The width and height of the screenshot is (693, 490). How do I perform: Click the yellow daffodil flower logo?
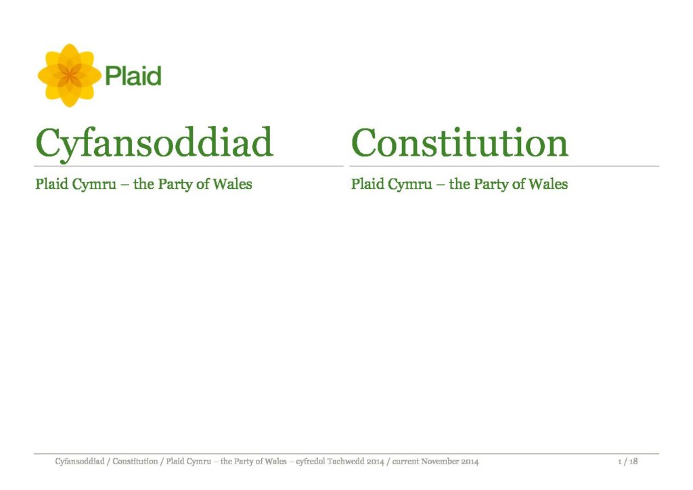pos(70,76)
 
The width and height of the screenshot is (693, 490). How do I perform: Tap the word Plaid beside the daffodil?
pos(133,76)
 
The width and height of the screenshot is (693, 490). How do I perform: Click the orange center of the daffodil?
pos(70,76)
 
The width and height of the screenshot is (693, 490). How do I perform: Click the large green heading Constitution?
pos(460,143)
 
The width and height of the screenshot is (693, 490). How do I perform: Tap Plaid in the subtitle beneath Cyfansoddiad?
pos(51,184)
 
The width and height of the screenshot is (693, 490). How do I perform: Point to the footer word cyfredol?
pos(310,462)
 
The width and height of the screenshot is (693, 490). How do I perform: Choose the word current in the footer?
pos(405,462)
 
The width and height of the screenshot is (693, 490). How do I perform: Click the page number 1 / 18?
pos(627,462)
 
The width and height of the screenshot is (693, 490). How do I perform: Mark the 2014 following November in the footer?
pos(470,462)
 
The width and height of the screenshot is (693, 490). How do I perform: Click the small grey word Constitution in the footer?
pos(135,462)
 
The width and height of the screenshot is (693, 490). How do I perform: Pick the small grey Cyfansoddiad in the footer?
pos(80,462)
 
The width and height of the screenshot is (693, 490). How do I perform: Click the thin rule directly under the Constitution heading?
pos(504,166)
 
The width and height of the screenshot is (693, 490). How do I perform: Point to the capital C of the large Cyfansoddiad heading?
pos(48,142)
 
